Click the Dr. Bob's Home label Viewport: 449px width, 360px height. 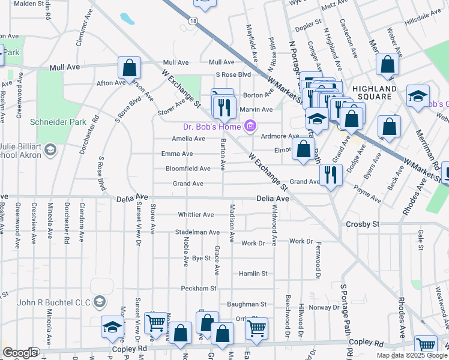pyautogui.click(x=211, y=126)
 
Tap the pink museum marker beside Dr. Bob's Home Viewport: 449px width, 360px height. pyautogui.click(x=250, y=126)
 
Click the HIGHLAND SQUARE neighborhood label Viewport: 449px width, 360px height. pyautogui.click(x=375, y=92)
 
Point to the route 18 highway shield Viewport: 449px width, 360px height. pyautogui.click(x=192, y=20)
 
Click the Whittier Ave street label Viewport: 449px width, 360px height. pyautogui.click(x=196, y=215)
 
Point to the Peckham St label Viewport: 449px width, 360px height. pyautogui.click(x=198, y=289)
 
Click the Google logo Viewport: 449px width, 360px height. pyautogui.click(x=20, y=353)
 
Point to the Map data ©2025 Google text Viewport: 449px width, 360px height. pyautogui.click(x=412, y=355)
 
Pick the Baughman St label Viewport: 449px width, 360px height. pyautogui.click(x=246, y=305)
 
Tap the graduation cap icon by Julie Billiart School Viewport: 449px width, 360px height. pyautogui.click(x=50, y=149)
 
